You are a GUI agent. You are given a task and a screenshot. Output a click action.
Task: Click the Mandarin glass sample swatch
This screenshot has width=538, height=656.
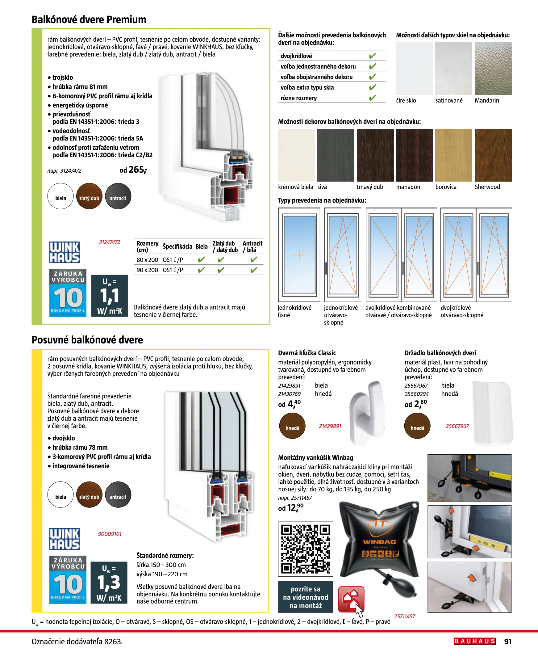pos(493,69)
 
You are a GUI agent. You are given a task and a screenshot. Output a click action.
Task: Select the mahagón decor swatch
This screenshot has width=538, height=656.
pos(414,155)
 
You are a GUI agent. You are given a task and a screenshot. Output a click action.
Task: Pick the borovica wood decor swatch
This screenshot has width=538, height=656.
pos(453,155)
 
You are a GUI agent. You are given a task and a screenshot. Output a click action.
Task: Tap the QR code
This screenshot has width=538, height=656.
pos(305,549)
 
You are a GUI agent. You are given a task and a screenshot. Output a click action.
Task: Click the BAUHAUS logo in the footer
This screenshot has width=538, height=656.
pos(474,641)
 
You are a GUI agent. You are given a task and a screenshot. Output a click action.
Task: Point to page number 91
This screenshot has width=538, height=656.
pos(508,641)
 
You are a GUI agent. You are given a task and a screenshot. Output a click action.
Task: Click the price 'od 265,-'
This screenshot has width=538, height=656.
pos(133,170)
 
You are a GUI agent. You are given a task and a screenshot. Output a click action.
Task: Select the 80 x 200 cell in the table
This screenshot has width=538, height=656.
pos(147,260)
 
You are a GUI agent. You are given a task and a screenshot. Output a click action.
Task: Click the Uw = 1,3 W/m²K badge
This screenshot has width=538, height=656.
pos(109,582)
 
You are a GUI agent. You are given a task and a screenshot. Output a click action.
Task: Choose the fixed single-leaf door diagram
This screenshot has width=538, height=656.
pos(299,255)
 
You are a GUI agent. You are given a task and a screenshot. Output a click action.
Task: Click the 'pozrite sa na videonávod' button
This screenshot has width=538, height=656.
pos(306,597)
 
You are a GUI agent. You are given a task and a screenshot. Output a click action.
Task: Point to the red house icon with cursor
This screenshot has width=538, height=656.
pos(351,599)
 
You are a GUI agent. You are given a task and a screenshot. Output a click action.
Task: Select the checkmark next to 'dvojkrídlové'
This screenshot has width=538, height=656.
pos(372,56)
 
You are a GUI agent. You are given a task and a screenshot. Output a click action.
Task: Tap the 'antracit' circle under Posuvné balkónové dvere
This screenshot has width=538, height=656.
pos(118,494)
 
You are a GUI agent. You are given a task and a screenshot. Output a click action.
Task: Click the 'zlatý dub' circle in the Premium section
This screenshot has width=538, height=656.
pos(89,196)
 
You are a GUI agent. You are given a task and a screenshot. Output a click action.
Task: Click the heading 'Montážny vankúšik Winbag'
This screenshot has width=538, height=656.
pos(315,458)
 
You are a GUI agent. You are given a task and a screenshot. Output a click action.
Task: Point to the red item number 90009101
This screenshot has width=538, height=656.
pos(110,534)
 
